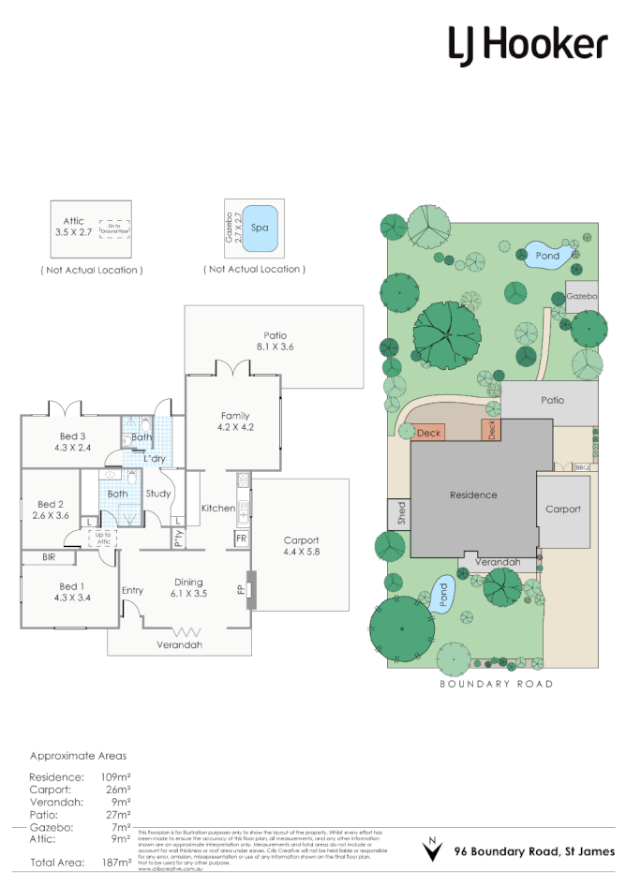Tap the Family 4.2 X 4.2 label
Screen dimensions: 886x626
[x=235, y=421]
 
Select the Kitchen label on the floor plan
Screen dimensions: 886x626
[x=217, y=508]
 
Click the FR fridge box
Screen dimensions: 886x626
[x=241, y=539]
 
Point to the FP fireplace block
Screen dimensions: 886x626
[x=250, y=590]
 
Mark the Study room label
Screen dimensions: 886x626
[x=157, y=493]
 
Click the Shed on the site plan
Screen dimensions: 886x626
[x=398, y=514]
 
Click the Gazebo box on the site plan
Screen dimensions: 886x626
[x=581, y=295]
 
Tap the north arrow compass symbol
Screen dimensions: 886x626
[x=431, y=849]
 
